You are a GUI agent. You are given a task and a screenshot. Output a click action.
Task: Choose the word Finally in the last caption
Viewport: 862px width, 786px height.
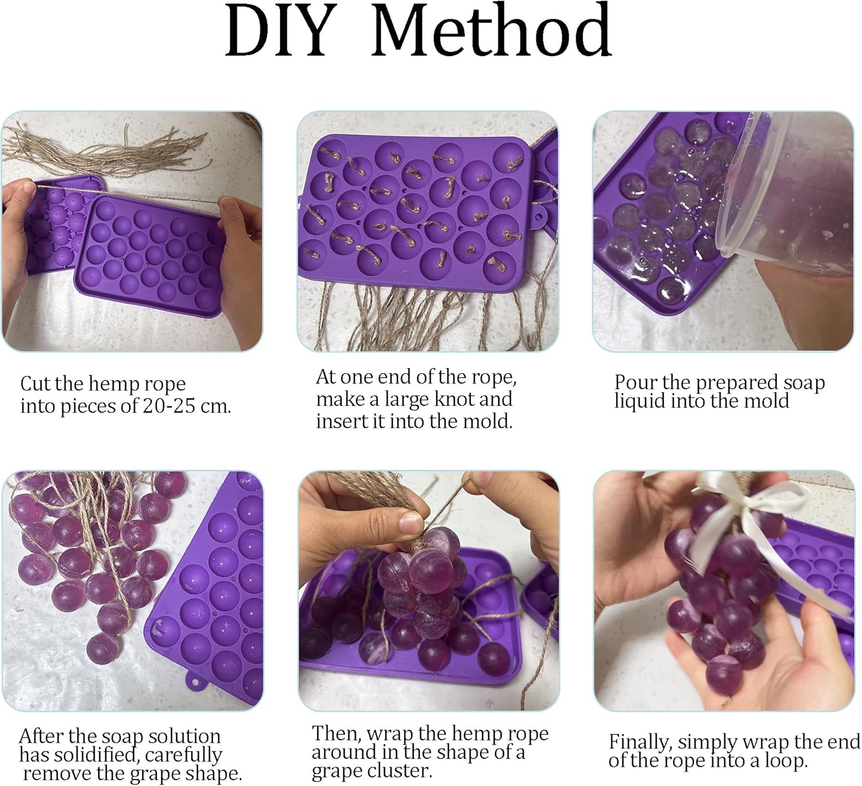coord(640,742)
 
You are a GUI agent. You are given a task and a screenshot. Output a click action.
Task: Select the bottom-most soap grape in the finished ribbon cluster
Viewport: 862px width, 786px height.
coord(724,673)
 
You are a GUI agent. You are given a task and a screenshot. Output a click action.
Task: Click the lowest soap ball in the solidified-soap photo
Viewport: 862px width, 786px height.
coord(102,649)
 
